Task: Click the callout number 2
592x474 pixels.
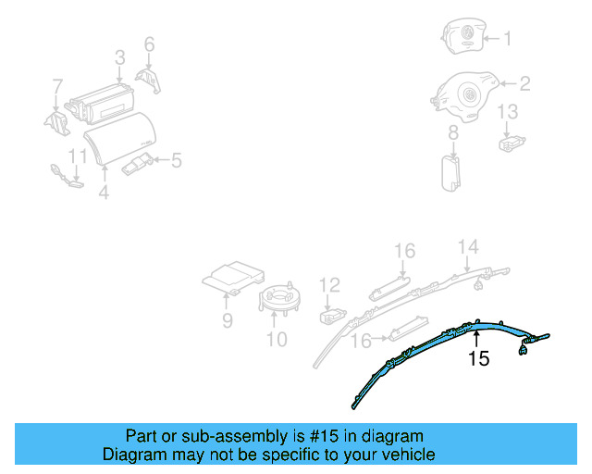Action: (x=524, y=84)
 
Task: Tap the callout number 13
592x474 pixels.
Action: (x=509, y=113)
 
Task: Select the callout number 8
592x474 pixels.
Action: (x=453, y=135)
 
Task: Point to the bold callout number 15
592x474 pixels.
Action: (x=478, y=358)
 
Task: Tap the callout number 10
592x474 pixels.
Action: (x=277, y=339)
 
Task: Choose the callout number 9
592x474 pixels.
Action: (x=227, y=321)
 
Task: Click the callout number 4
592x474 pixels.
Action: (x=104, y=193)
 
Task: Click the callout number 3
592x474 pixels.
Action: (x=120, y=57)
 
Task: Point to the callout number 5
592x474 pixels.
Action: (x=176, y=161)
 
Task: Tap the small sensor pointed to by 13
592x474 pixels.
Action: (x=510, y=143)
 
